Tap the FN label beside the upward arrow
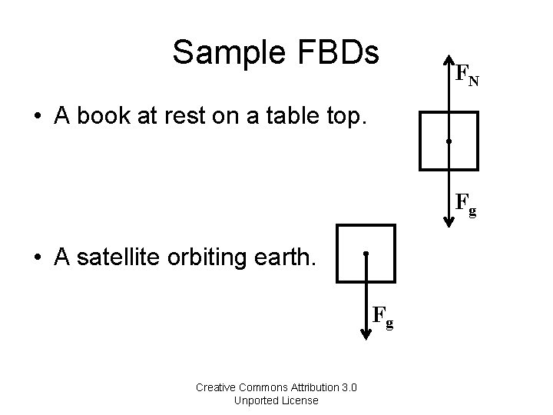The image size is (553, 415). click(466, 75)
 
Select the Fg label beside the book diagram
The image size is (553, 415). click(465, 205)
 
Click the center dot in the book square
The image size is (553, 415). click(449, 142)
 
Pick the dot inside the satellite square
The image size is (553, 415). click(367, 254)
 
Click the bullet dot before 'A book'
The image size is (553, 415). click(37, 117)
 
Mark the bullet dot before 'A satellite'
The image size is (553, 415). click(37, 259)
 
